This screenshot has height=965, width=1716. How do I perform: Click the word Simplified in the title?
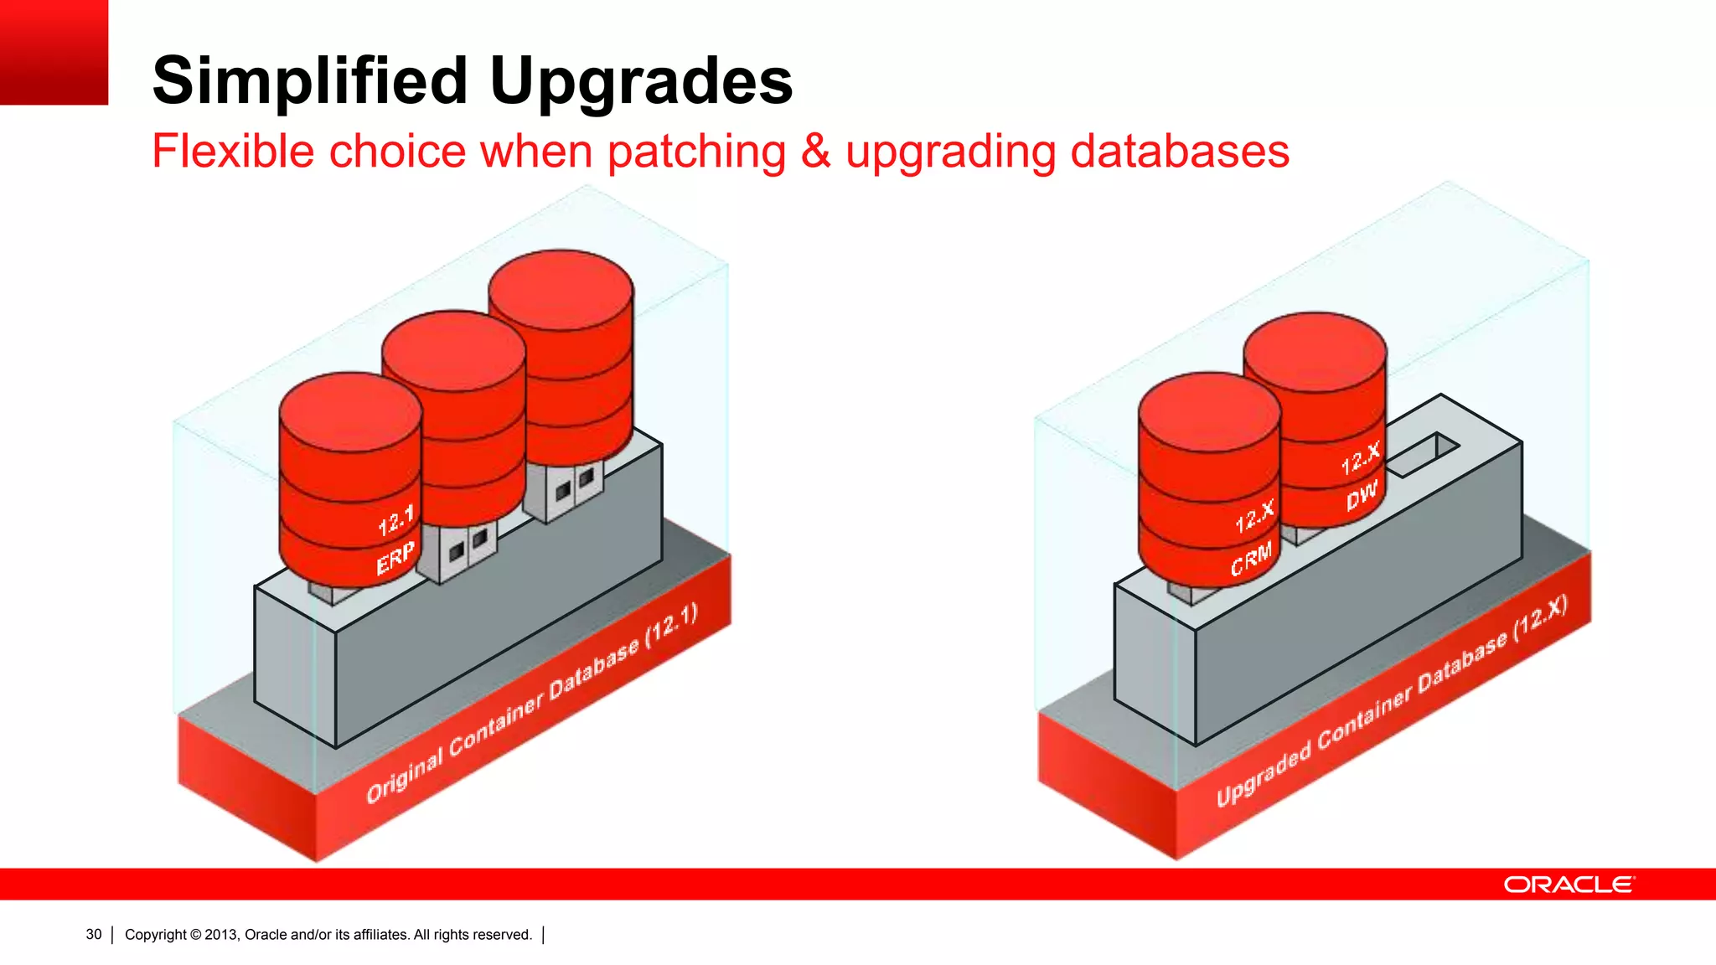(x=310, y=81)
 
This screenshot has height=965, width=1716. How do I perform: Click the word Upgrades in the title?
(x=641, y=81)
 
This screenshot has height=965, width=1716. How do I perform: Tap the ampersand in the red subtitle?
(x=815, y=152)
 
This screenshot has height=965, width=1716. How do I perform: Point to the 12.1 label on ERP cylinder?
(x=395, y=522)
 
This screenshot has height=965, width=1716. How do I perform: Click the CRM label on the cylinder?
(x=1251, y=560)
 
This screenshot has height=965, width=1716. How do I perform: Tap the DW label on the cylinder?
(x=1362, y=496)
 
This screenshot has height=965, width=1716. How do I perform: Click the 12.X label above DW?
(x=1360, y=459)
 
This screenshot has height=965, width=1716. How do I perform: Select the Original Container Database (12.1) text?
(x=532, y=704)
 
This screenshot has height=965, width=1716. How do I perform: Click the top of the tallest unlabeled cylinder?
(x=561, y=289)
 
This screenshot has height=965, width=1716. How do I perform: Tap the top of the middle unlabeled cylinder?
(x=453, y=350)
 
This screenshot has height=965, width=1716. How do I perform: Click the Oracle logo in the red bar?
(x=1568, y=885)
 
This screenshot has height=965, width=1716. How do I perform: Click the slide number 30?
(x=94, y=935)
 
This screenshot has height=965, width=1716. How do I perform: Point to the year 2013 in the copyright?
(x=221, y=935)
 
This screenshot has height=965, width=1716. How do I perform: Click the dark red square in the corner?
(x=54, y=52)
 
